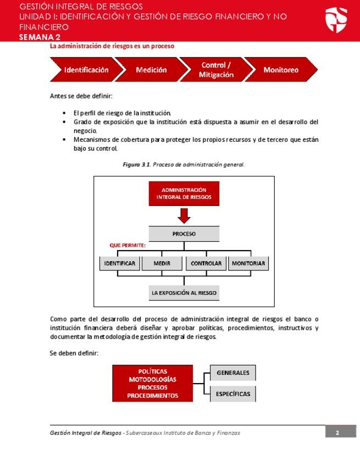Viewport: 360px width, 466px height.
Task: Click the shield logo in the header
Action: point(336,20)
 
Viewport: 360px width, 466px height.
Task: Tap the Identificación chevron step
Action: point(85,70)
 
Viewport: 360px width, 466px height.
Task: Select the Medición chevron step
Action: point(151,70)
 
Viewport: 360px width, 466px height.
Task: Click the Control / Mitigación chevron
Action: point(216,70)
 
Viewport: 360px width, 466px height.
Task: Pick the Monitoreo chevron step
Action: point(281,70)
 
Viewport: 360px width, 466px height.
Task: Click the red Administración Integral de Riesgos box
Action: point(184,193)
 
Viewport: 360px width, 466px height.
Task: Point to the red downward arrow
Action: point(184,215)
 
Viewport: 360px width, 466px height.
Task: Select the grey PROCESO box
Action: point(184,234)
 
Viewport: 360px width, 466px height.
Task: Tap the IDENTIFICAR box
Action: point(120,263)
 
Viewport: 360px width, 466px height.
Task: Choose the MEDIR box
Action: point(162,263)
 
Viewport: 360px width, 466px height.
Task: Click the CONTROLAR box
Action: point(206,263)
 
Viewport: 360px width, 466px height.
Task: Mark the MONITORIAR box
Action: point(248,263)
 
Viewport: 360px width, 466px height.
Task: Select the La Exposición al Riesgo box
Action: point(184,292)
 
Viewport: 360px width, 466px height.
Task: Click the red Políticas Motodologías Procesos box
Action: point(153,383)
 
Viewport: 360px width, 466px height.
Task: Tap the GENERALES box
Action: point(233,373)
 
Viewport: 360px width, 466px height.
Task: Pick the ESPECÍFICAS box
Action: point(233,393)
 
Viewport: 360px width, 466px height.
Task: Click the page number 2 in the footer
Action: point(337,432)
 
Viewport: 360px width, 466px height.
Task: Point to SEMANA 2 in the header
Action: point(40,37)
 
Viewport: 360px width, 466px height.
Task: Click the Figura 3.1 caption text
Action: point(184,164)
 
